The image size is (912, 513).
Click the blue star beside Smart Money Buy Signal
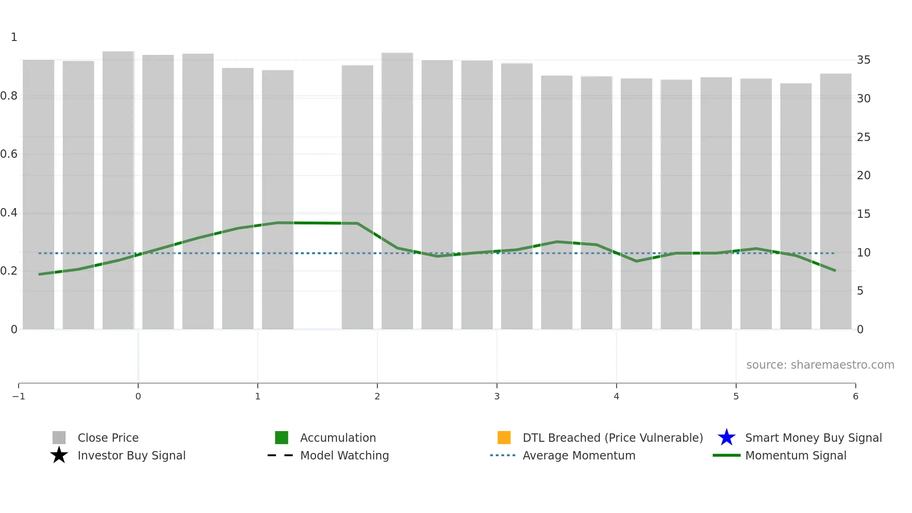coord(726,438)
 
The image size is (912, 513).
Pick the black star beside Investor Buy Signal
coord(59,455)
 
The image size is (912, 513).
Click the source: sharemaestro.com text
coord(820,364)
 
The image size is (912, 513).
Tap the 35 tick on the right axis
coord(864,60)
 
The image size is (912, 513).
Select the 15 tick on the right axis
coord(864,214)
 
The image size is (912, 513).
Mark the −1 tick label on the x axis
coord(19,396)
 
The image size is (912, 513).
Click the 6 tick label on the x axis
coord(855,396)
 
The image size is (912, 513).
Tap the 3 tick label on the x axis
coord(496,396)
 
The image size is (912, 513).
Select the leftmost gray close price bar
coord(39,196)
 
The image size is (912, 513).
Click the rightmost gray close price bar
coord(836,200)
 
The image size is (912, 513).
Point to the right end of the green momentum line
coord(835,270)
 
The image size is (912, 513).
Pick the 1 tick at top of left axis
coord(14,37)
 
